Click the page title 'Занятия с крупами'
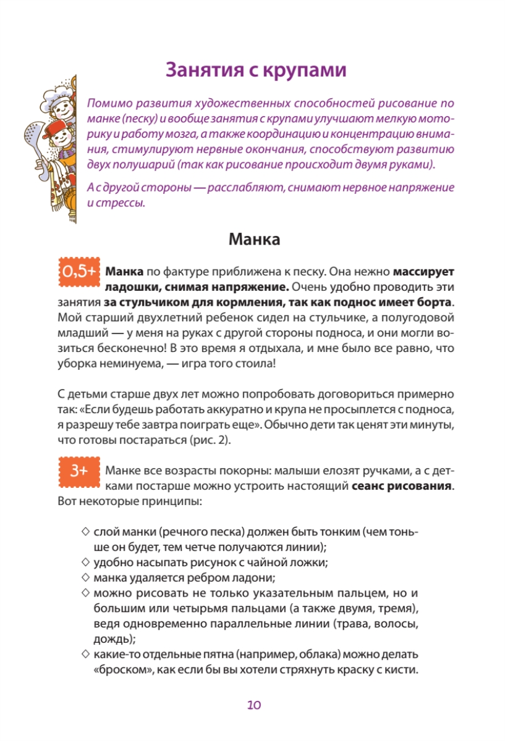click(255, 70)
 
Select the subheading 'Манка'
click(254, 239)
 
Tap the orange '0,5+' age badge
click(79, 272)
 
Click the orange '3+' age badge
click(79, 471)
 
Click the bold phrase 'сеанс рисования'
click(402, 485)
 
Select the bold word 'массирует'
click(423, 271)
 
